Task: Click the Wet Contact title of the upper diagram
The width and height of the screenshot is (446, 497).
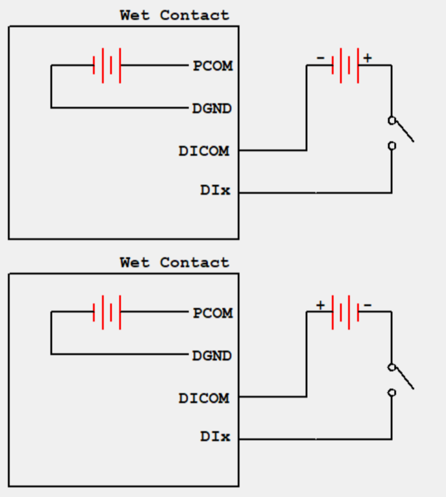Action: pos(174,15)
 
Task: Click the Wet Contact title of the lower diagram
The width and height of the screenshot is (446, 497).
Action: pos(174,262)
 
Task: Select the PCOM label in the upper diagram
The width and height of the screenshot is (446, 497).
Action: pos(212,66)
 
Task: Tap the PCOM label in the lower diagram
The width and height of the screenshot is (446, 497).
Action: pos(212,313)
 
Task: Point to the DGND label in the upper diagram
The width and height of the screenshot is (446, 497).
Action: pos(212,109)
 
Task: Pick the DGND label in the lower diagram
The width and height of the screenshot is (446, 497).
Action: pos(212,356)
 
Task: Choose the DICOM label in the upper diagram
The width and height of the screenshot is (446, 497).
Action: pos(204,151)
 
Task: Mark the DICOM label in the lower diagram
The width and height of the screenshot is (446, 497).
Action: pos(204,398)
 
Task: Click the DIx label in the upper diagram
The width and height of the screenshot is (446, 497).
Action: pos(215,191)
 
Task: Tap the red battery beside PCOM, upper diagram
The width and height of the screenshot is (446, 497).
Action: pos(107,65)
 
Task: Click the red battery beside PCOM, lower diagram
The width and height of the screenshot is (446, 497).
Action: pos(107,312)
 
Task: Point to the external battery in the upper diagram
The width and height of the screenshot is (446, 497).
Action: pos(346,65)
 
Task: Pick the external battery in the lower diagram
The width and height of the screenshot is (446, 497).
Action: pos(346,312)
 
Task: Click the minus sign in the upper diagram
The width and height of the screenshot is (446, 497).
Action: pos(320,58)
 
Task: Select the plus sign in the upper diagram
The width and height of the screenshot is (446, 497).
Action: pos(368,58)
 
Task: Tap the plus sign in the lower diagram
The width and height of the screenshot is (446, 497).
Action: pos(320,305)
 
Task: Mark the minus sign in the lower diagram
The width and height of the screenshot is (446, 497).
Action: pos(368,306)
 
